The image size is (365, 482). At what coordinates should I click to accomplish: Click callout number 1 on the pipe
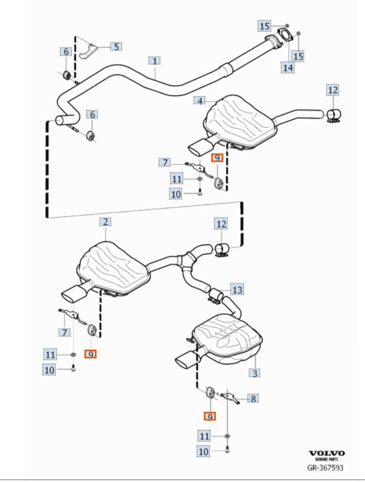point(154,61)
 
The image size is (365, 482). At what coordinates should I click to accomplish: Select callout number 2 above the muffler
point(105,222)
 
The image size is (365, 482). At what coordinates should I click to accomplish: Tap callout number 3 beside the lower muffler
point(254,373)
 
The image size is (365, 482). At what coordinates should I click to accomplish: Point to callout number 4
point(199,101)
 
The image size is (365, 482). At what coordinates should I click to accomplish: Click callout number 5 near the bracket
point(116,47)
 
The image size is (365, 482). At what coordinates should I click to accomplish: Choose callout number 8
point(253,399)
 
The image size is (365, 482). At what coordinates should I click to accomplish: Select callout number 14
point(288,68)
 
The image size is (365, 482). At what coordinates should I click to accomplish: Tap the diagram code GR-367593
point(325,467)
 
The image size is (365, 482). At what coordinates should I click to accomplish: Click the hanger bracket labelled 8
point(230,398)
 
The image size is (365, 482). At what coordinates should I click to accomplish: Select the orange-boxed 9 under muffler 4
point(217,158)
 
